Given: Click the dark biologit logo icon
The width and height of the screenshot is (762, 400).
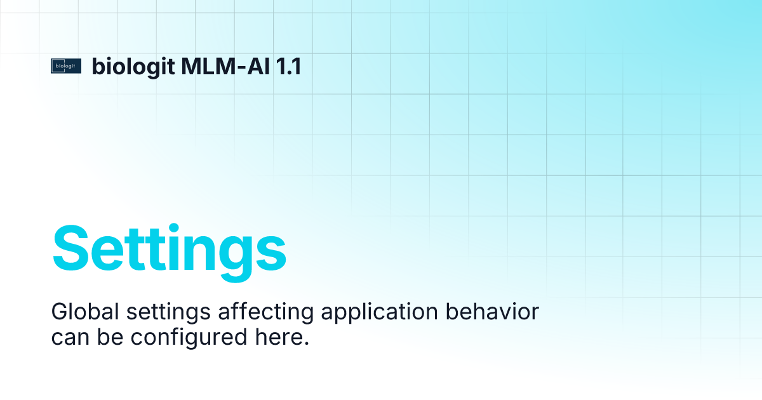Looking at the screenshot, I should point(67,66).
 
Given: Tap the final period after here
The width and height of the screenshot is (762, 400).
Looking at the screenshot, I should point(305,344).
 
